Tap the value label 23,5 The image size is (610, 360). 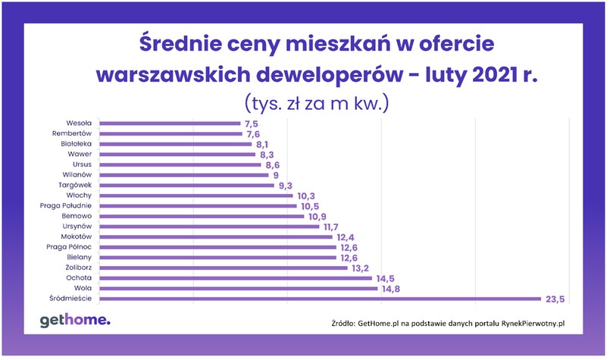pyautogui.click(x=552, y=299)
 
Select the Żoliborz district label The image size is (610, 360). pyautogui.click(x=77, y=268)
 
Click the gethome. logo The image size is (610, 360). pyautogui.click(x=75, y=321)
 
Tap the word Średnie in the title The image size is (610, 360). pyautogui.click(x=180, y=44)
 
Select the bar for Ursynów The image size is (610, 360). pyautogui.click(x=209, y=226)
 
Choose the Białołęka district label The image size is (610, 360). pyautogui.click(x=76, y=143)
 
